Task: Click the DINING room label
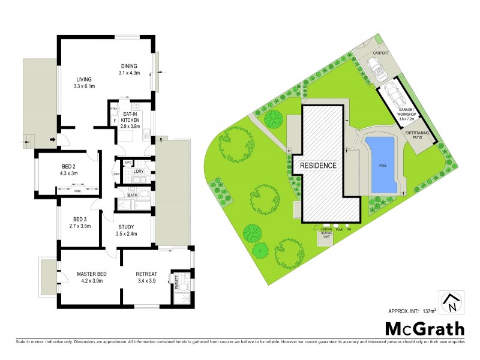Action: click(x=129, y=66)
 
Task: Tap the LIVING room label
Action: click(x=84, y=79)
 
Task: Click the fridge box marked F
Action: click(x=114, y=122)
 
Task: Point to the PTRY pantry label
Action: click(x=113, y=109)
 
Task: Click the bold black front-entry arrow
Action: click(x=54, y=141)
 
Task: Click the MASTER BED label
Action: click(x=91, y=275)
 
